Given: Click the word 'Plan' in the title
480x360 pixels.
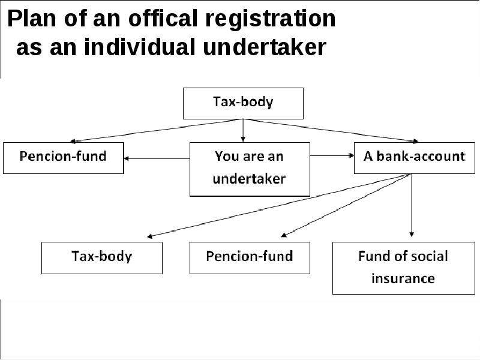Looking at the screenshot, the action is (32, 19).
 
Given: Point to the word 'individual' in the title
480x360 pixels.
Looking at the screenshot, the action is (140, 47).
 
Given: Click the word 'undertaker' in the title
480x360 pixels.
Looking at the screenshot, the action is (265, 47).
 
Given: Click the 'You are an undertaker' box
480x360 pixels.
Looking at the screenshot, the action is (250, 169).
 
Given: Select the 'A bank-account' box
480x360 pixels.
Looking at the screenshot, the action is (415, 158).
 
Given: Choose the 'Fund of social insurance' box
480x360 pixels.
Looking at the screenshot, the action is (404, 268).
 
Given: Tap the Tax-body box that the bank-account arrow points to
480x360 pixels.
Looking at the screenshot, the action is (102, 258).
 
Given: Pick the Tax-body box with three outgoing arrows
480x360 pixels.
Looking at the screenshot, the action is (243, 103).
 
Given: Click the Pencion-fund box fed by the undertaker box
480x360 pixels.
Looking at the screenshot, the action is (64, 158).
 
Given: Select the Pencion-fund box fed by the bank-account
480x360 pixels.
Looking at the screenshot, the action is (250, 258).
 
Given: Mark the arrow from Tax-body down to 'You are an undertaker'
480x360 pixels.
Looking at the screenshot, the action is (243, 131).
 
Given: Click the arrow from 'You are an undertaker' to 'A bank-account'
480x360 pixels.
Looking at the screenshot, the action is (332, 156).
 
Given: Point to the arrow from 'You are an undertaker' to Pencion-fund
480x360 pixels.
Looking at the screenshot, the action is (157, 158).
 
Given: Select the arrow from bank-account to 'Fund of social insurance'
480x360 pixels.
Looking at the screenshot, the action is (412, 205).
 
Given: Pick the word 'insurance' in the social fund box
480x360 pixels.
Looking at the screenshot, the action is (403, 278).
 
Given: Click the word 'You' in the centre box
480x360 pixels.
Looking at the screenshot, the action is (227, 156).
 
